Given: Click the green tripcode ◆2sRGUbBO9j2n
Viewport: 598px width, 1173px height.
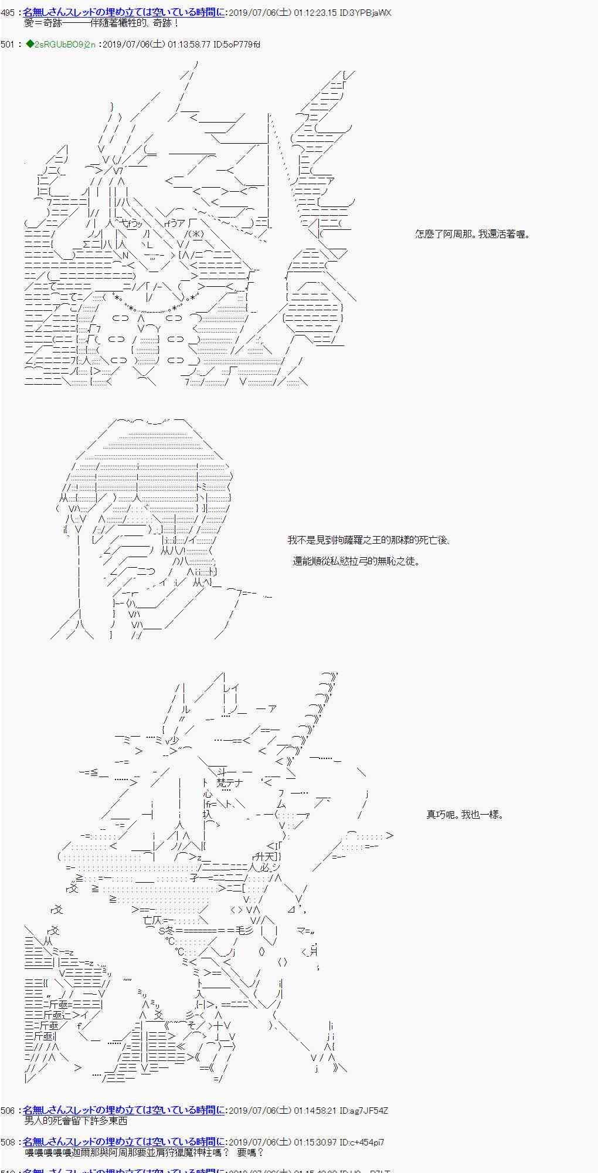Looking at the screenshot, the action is point(62,45).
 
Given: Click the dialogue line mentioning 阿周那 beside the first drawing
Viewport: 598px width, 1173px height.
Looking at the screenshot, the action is point(473,235).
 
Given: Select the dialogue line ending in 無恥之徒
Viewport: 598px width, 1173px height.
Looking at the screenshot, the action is point(356,561).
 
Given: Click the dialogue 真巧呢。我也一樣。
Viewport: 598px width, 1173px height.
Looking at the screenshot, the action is point(464,815).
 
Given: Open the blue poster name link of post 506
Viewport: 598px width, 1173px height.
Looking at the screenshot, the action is point(123,1110).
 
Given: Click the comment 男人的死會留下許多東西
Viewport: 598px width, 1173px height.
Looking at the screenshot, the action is point(76,1121).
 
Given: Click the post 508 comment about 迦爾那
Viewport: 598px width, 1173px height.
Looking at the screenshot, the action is point(144,1152).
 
